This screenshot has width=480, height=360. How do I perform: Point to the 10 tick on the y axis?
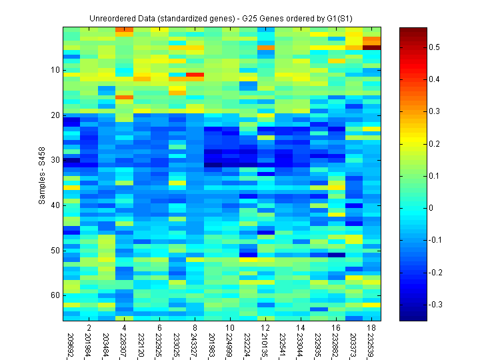click(55, 70)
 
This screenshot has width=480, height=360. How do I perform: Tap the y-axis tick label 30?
click(55, 160)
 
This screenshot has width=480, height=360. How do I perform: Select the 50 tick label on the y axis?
click(55, 251)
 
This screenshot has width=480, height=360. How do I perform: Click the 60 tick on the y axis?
click(55, 295)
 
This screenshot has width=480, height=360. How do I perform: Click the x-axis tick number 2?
click(89, 328)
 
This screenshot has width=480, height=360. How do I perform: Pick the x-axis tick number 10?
click(229, 328)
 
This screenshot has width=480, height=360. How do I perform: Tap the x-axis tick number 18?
click(371, 328)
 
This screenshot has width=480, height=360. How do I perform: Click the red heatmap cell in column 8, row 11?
click(195, 75)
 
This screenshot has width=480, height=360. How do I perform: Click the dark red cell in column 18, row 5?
click(371, 47)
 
